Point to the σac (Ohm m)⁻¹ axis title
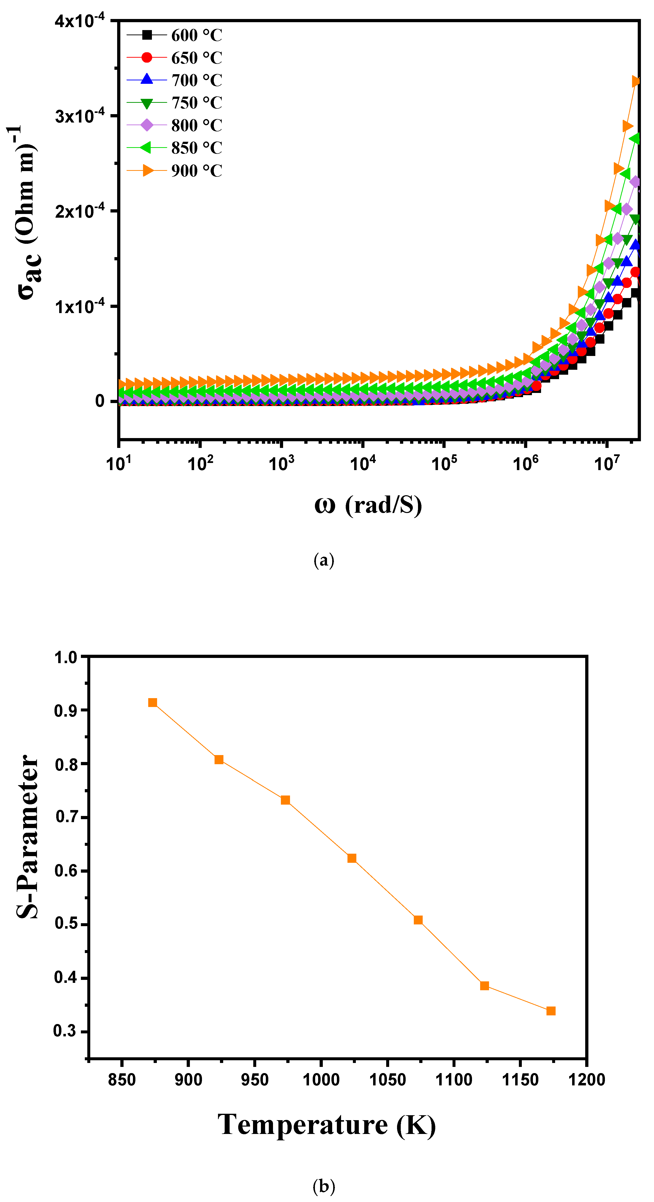[x=26, y=212]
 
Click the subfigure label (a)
[x=324, y=560]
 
